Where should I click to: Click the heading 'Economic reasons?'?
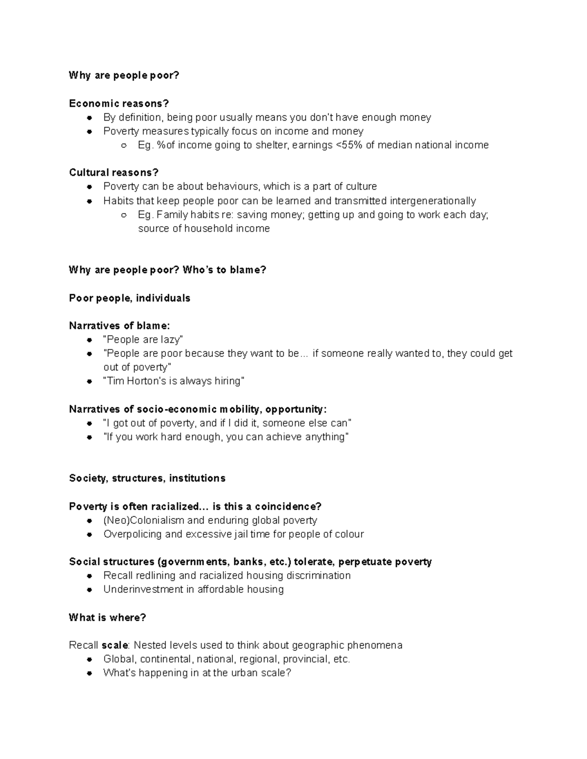tap(119, 104)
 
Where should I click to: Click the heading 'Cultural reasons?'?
tap(113, 173)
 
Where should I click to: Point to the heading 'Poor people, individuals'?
tap(130, 298)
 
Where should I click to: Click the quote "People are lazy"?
tap(143, 340)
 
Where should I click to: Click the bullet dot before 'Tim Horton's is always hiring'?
tap(90, 382)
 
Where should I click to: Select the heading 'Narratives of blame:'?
tap(120, 326)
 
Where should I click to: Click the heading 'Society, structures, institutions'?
tap(147, 478)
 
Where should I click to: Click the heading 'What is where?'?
tap(108, 618)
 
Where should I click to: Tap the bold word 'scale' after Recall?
tap(114, 646)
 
